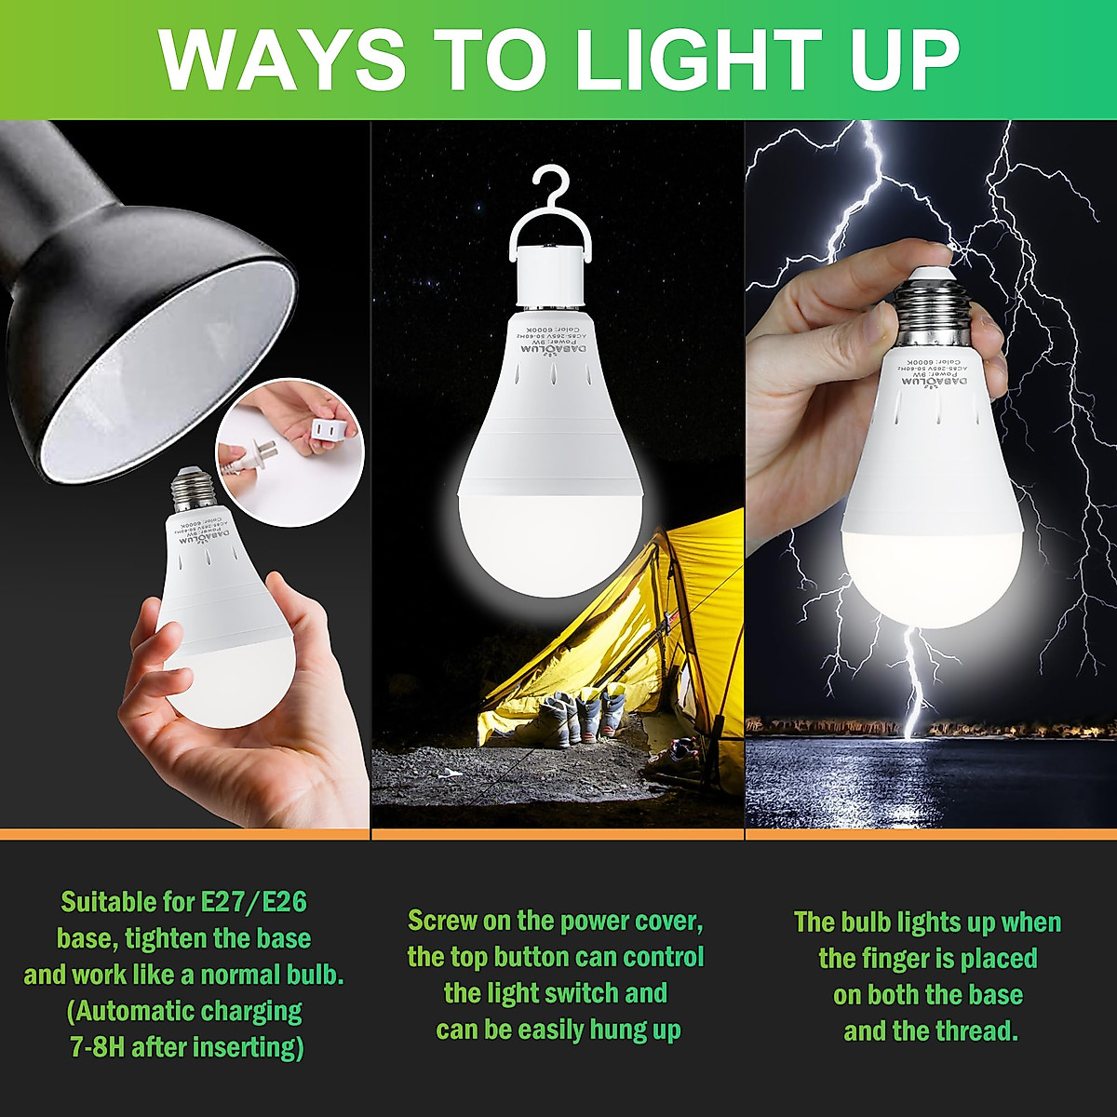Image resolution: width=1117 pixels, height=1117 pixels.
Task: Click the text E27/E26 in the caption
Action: [x=253, y=902]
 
